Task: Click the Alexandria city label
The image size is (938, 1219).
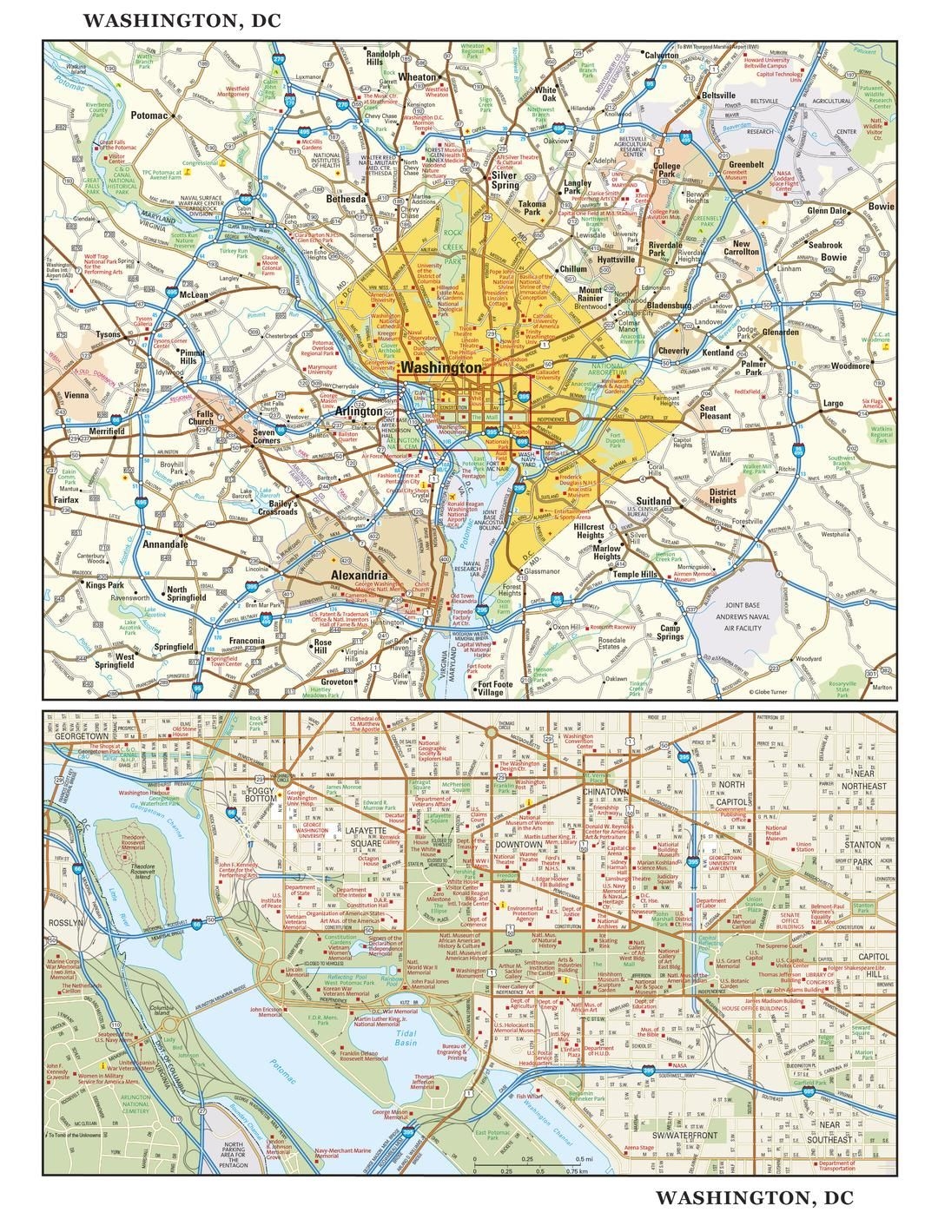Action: [359, 576]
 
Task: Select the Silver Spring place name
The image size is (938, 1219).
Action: [504, 180]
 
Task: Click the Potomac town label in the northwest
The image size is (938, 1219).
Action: [151, 115]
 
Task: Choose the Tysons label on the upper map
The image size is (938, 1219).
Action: [108, 334]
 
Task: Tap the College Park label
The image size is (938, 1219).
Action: [666, 169]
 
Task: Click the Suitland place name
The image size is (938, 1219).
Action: [653, 501]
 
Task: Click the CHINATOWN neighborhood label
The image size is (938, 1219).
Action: [605, 793]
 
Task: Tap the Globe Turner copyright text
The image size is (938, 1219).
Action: [772, 692]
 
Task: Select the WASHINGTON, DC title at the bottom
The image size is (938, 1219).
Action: [754, 1198]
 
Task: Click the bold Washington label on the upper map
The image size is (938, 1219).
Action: [442, 367]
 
